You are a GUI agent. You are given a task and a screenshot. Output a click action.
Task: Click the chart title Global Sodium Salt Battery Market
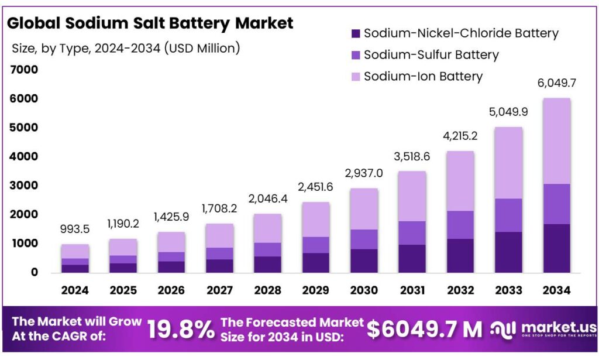(150, 24)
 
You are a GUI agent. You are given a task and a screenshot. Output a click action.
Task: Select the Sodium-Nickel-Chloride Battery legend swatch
(355, 34)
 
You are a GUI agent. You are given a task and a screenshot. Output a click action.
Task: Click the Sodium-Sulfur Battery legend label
(431, 55)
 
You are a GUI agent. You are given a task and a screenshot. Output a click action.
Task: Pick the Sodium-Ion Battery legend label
(423, 76)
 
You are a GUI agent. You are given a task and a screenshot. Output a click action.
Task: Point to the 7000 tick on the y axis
(24, 70)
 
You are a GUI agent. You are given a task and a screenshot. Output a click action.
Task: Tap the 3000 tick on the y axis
(24, 186)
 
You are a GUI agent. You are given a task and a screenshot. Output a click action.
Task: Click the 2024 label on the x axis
(75, 290)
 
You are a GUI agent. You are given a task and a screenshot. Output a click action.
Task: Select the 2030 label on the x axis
(364, 290)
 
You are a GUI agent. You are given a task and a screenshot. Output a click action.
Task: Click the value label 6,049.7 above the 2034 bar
(556, 83)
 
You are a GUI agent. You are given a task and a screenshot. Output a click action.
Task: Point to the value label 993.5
(75, 229)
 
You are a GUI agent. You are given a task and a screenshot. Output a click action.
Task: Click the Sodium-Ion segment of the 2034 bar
(556, 141)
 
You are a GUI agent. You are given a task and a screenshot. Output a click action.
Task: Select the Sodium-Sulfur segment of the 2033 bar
(508, 215)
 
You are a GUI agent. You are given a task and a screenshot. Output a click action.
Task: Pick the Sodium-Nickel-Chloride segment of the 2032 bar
(460, 255)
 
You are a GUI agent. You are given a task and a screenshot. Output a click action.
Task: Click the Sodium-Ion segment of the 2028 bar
(268, 228)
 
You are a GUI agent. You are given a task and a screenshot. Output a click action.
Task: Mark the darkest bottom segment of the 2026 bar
(171, 266)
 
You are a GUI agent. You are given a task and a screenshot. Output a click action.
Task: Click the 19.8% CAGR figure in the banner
(181, 330)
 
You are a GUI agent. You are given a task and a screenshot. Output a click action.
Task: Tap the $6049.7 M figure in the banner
(425, 330)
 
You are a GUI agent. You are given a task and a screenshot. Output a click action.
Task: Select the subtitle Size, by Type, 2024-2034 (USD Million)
(126, 49)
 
